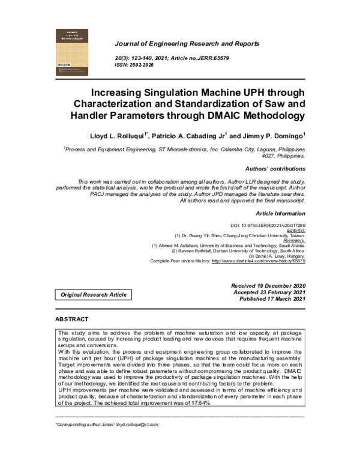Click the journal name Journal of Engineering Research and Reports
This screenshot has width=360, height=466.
click(187, 44)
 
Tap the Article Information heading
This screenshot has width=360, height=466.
click(281, 213)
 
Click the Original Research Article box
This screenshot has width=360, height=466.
click(93, 295)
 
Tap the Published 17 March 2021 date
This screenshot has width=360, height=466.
click(271, 299)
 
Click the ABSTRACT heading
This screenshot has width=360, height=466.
click(72, 319)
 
